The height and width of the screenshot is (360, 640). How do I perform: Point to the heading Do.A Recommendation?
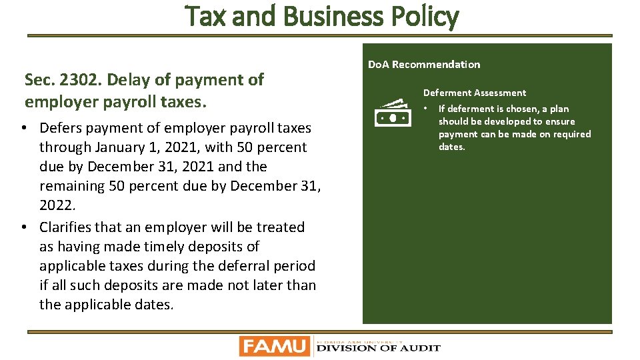coord(423,65)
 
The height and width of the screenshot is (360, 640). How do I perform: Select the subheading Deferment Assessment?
coord(474,93)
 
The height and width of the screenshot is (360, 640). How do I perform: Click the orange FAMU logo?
coord(275,346)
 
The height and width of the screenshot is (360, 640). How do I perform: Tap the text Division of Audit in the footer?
coord(378,347)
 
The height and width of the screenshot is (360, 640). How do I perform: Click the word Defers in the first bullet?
coord(61,127)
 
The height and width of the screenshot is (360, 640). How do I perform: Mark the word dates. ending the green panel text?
coord(452,147)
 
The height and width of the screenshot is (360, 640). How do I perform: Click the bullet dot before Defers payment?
coord(23,127)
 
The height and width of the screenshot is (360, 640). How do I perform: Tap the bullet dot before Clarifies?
coord(23,227)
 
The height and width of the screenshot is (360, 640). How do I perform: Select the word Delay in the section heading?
coord(127,80)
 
